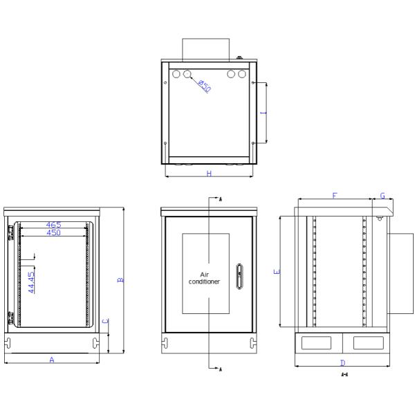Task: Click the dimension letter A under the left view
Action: pos(51,360)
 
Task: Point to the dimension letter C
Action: pos(105,321)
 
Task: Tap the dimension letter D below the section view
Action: pos(342,363)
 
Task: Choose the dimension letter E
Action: pos(277,272)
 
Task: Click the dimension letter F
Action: pos(335,196)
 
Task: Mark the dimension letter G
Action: pos(382,196)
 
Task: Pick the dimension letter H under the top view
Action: pos(209,174)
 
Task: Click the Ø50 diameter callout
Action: pos(204,86)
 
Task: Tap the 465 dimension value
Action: pos(53,225)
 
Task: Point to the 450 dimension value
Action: pos(53,233)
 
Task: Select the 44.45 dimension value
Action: pos(31,282)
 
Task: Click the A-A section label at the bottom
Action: pos(344,375)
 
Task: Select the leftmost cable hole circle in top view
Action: pos(176,73)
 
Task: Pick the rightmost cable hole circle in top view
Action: pos(242,73)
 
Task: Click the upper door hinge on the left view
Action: pos(10,231)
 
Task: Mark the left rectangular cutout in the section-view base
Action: pos(317,342)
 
